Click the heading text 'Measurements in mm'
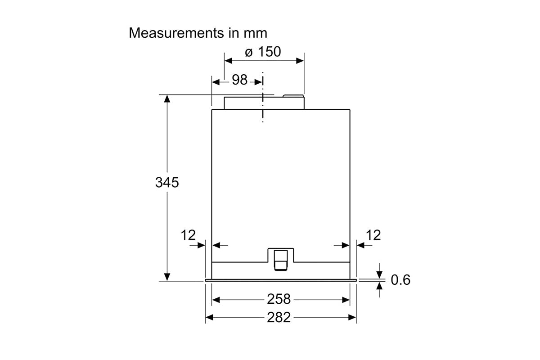click(x=198, y=33)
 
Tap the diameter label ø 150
click(x=263, y=52)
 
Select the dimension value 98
click(x=239, y=80)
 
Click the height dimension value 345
click(x=167, y=182)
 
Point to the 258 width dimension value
click(x=279, y=299)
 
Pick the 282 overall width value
click(x=279, y=317)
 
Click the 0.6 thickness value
click(x=400, y=280)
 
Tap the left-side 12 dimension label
click(x=188, y=235)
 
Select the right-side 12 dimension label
click(x=373, y=235)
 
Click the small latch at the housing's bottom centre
click(x=281, y=260)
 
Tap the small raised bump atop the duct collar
click(x=293, y=96)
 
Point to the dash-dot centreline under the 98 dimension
click(x=263, y=97)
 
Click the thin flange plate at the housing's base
click(x=281, y=280)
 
